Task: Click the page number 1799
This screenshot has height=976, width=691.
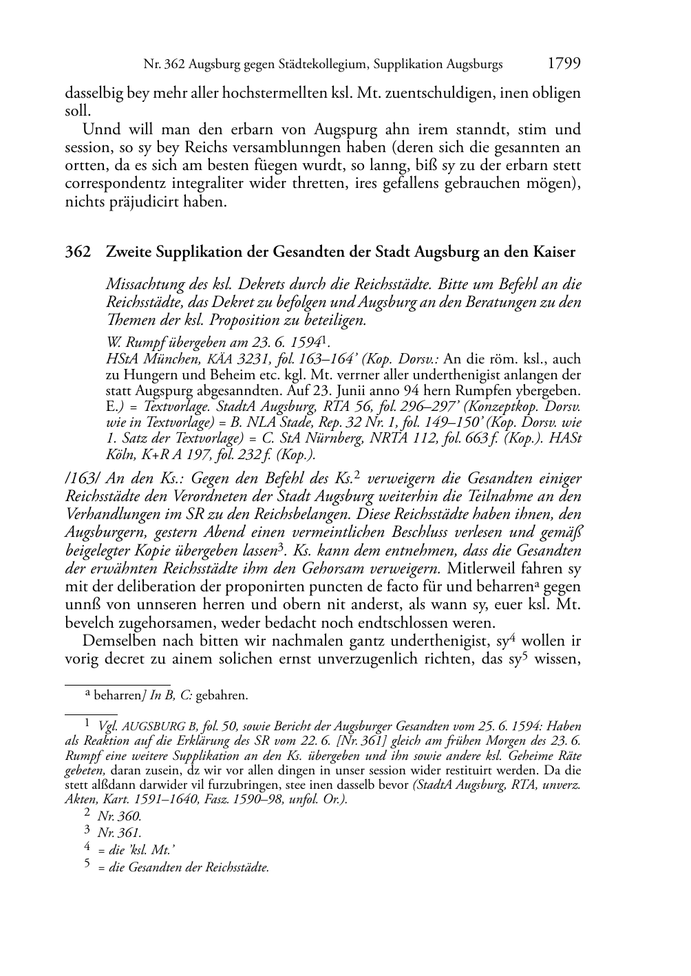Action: (564, 64)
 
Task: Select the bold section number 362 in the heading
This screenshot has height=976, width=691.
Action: (78, 252)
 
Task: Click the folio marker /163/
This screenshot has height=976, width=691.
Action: (81, 478)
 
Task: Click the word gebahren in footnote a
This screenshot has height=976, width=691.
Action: (222, 696)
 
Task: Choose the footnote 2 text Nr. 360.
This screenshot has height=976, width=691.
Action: (120, 816)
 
